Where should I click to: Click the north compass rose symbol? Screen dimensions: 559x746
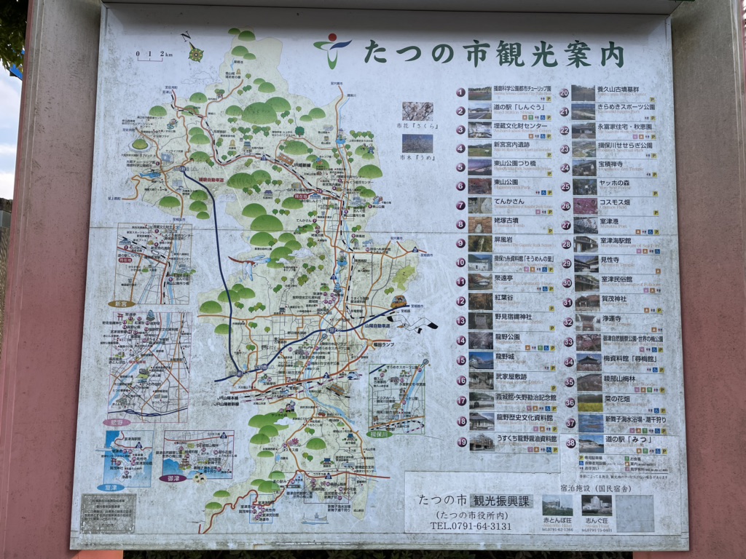195,52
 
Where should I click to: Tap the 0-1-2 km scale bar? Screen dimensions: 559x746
154,55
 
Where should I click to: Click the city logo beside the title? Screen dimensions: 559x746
332,49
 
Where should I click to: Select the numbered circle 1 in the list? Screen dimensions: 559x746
460,92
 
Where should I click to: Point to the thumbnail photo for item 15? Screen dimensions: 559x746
481,360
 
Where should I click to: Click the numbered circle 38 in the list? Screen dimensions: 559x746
570,442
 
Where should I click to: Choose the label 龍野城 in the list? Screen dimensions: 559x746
510,357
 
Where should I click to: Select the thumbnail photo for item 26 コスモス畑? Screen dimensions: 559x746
584,206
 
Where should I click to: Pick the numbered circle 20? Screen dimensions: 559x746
564,93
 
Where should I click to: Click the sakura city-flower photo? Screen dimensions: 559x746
417,111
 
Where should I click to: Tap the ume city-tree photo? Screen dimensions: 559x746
417,143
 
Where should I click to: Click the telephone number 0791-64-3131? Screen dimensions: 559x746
471,526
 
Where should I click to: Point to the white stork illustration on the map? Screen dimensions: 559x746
413,321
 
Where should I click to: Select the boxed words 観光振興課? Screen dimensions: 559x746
502,501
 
